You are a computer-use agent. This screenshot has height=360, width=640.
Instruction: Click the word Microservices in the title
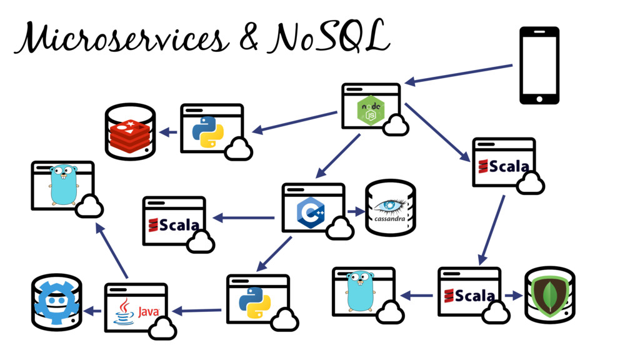pyautogui.click(x=119, y=38)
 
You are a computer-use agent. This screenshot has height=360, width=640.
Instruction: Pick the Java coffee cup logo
pyautogui.click(x=123, y=311)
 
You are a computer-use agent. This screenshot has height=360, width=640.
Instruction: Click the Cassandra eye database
pyautogui.click(x=390, y=208)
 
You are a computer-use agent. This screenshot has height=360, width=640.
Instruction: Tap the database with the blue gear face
pyautogui.click(x=56, y=302)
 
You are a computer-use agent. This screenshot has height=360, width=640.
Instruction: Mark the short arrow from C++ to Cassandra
pyautogui.click(x=356, y=212)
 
